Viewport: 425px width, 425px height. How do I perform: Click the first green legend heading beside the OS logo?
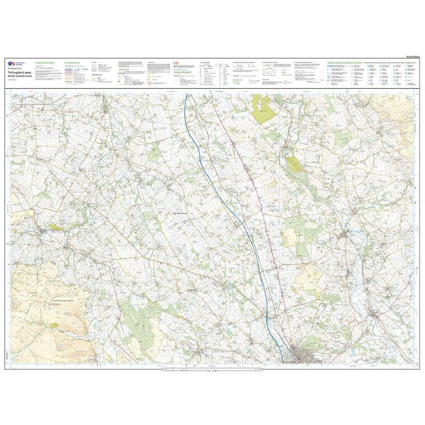47,61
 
